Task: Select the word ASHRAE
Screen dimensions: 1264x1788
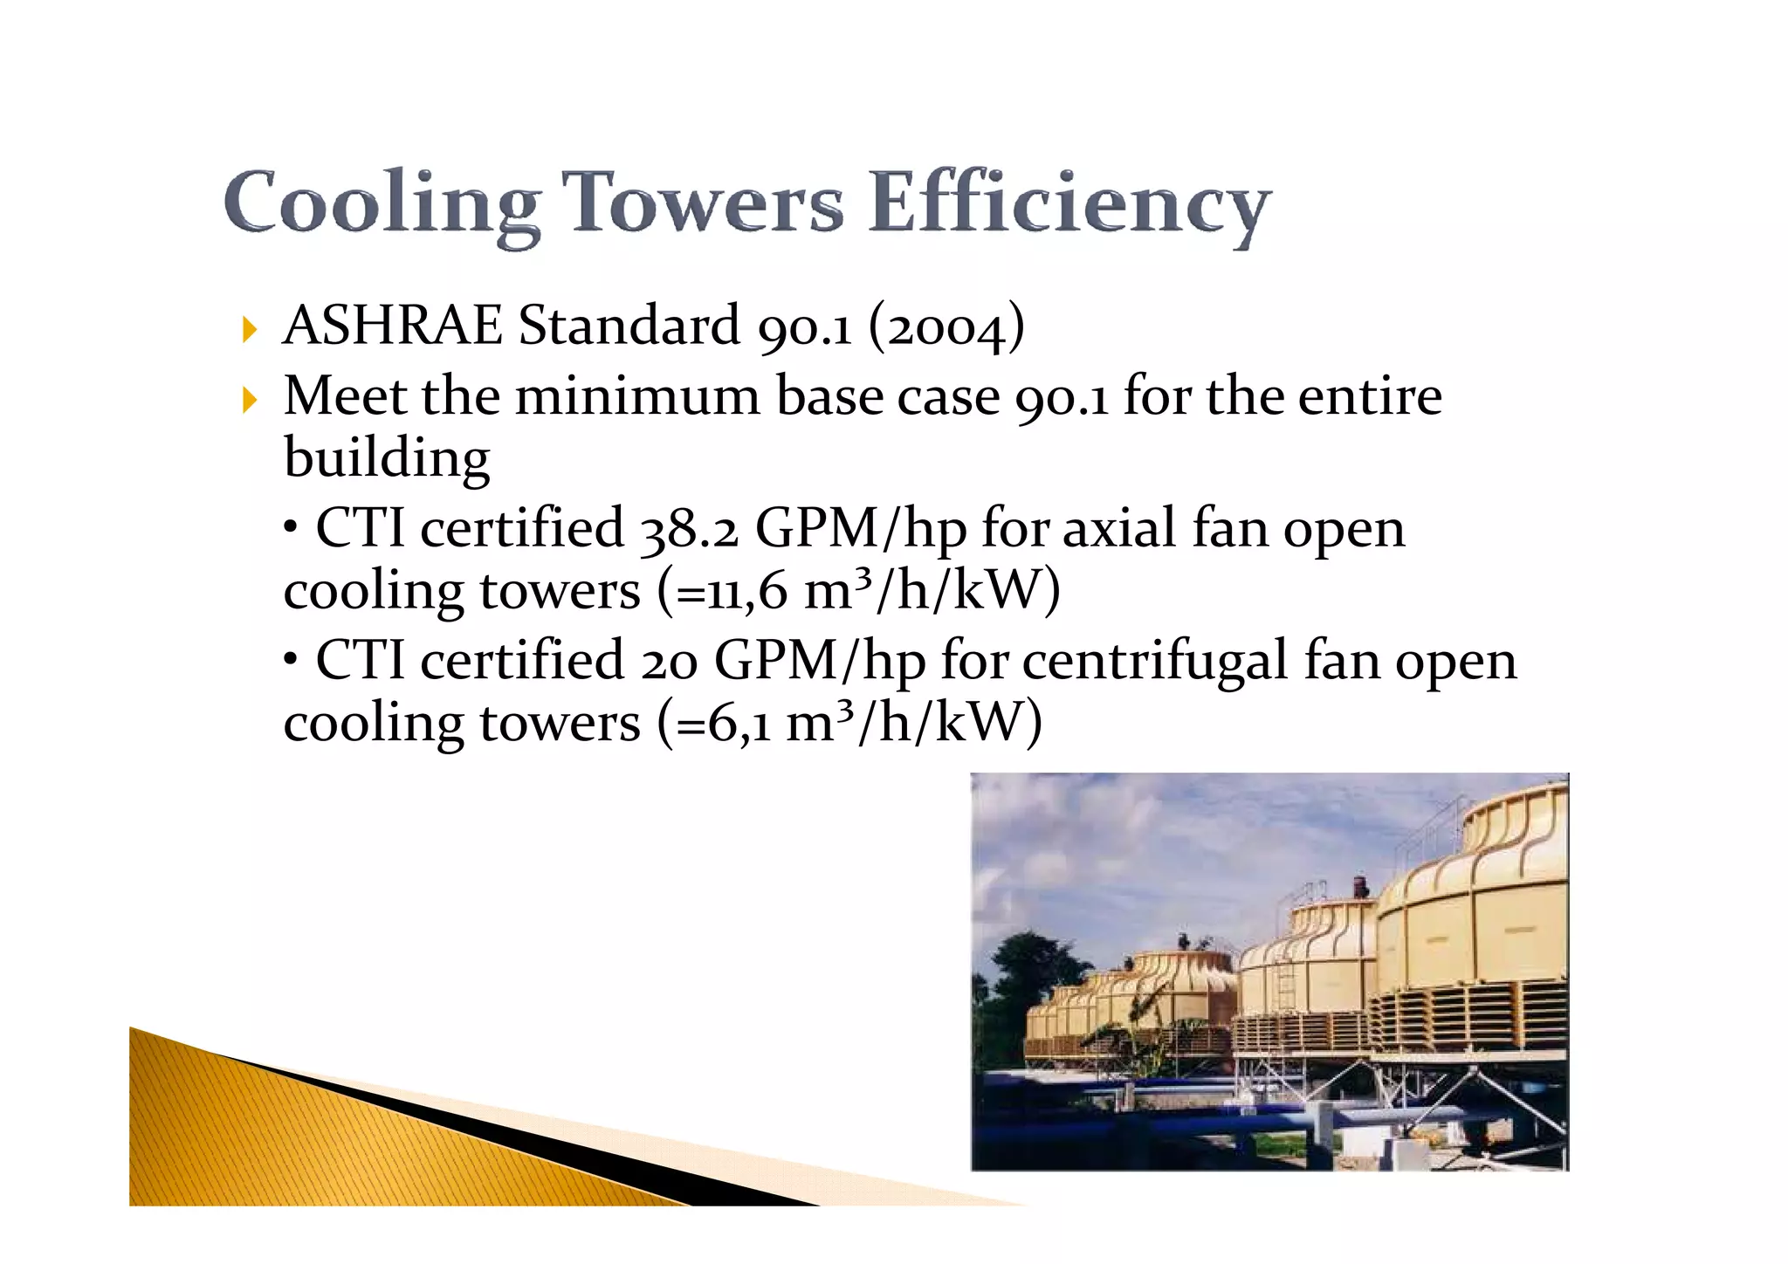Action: point(393,326)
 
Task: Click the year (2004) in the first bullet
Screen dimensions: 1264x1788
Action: point(946,327)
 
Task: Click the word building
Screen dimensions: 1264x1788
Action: point(387,458)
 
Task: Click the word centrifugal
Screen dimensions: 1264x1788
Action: point(1154,661)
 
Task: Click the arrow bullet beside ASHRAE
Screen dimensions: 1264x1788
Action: point(251,330)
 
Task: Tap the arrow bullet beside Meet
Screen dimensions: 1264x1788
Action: point(251,401)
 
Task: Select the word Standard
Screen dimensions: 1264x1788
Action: point(629,326)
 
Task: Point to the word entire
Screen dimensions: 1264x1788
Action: point(1369,396)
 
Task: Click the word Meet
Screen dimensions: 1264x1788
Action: point(344,396)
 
